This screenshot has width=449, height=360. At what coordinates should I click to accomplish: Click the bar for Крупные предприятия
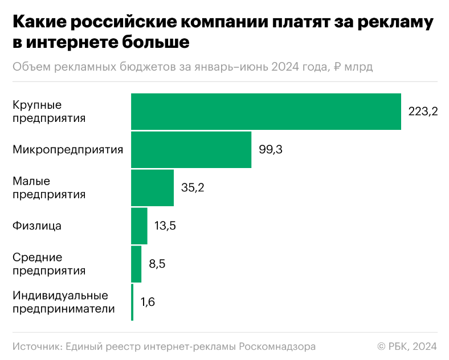pyautogui.click(x=266, y=112)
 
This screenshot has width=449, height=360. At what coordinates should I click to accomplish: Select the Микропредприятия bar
pyautogui.click(x=191, y=150)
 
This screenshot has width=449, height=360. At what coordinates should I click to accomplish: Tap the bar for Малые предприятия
pyautogui.click(x=152, y=188)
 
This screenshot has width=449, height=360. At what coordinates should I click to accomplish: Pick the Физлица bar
pyautogui.click(x=139, y=226)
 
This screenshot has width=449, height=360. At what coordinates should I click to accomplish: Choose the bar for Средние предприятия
pyautogui.click(x=136, y=264)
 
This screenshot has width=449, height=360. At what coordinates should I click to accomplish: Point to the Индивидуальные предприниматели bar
pyautogui.click(x=132, y=302)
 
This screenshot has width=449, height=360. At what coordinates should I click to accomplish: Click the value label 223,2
pyautogui.click(x=423, y=112)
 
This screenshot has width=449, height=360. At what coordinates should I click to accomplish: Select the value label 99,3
pyautogui.click(x=271, y=150)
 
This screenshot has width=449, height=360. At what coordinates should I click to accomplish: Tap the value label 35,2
pyautogui.click(x=193, y=188)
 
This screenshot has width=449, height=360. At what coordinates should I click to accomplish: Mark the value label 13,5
pyautogui.click(x=165, y=226)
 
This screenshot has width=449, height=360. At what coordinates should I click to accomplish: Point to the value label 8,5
pyautogui.click(x=157, y=264)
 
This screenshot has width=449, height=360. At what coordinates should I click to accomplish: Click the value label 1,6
pyautogui.click(x=148, y=302)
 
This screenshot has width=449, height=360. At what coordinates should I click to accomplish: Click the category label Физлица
pyautogui.click(x=36, y=226)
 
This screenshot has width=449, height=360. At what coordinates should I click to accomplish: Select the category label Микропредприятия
pyautogui.click(x=68, y=150)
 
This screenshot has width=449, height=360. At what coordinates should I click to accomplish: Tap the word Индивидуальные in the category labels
pyautogui.click(x=60, y=296)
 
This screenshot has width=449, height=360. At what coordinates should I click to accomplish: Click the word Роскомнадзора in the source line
pyautogui.click(x=276, y=346)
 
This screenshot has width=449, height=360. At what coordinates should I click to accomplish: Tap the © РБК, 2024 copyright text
pyautogui.click(x=407, y=346)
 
